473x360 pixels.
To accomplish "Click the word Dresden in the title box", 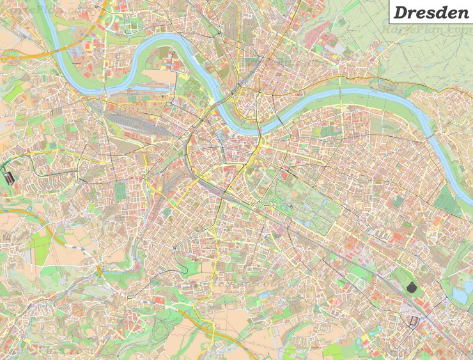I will click(x=430, y=12).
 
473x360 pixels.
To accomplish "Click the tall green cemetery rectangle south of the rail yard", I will click(x=121, y=191).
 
